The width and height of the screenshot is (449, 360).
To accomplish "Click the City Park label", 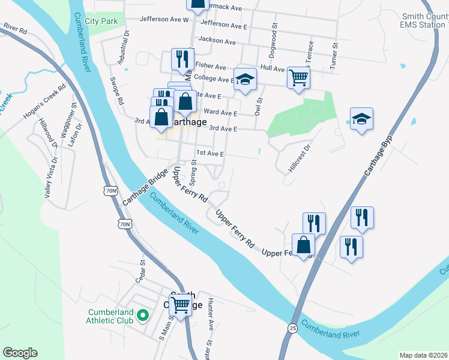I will tap(101, 21).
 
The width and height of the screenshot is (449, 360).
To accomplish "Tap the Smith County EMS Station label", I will tap(424, 21).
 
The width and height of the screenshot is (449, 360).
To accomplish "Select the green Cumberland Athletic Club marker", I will tap(143, 315).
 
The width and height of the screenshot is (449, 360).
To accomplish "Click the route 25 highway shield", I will tap(292, 328).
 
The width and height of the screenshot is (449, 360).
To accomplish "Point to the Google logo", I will tap(20, 353).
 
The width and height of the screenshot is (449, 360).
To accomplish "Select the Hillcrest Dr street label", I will tap(300, 158).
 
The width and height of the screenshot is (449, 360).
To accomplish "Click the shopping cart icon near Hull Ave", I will tap(298, 77).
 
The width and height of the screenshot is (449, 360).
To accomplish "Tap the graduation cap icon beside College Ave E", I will tap(245, 79).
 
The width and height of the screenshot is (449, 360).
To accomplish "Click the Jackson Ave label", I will tap(217, 41).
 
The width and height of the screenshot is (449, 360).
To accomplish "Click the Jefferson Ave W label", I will tap(164, 19).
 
